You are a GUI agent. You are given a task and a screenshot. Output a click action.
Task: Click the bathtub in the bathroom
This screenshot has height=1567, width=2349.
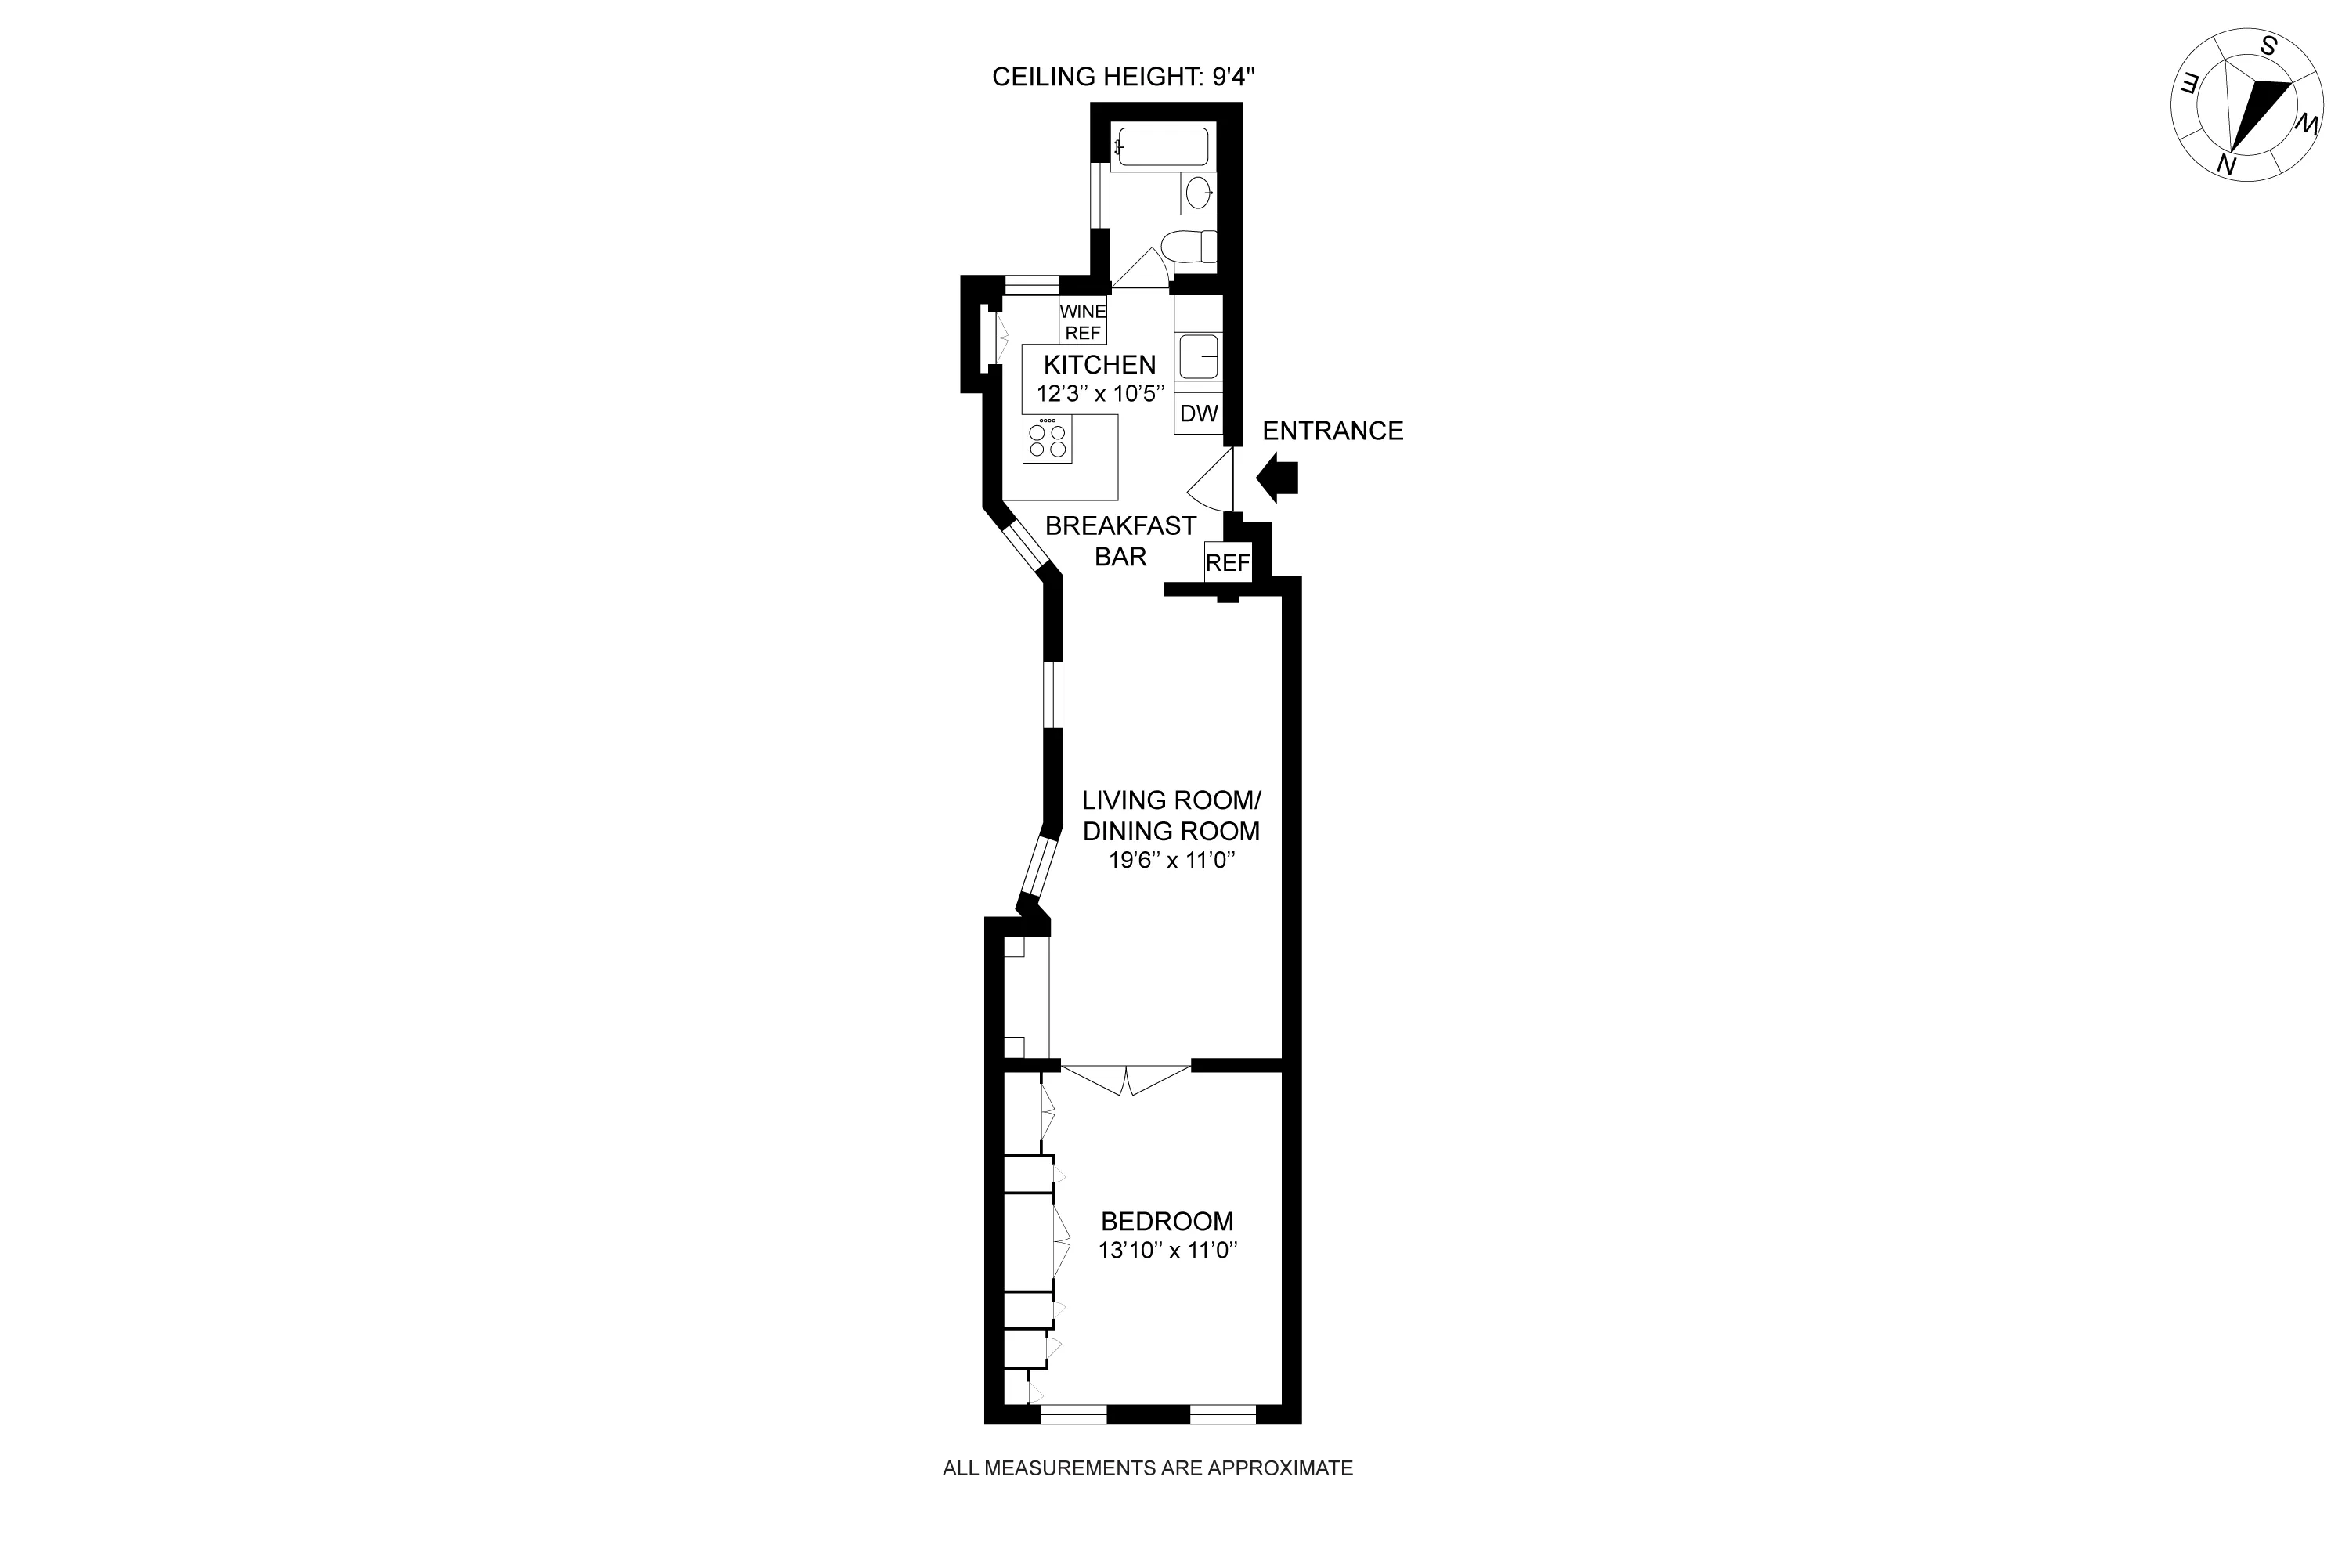(x=1163, y=147)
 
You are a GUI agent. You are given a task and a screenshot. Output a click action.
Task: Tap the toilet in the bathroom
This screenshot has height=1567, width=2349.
(x=1192, y=247)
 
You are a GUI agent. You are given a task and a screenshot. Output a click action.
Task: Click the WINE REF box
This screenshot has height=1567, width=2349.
(x=1083, y=322)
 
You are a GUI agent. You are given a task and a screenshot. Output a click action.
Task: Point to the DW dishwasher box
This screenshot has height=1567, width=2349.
(x=1199, y=413)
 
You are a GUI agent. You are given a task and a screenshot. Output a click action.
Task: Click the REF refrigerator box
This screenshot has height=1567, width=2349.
(x=1228, y=562)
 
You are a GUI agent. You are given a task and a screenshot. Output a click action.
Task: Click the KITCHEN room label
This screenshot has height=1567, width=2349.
(x=1099, y=365)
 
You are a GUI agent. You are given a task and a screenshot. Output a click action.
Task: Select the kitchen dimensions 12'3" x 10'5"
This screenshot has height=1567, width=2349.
(x=1101, y=394)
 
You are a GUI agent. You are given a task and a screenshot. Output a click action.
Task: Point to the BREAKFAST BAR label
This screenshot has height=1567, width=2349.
(x=1121, y=540)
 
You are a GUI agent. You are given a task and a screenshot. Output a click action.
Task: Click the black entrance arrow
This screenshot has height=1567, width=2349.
(x=1278, y=478)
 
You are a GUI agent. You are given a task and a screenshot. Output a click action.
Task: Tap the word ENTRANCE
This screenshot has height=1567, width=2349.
(x=1333, y=431)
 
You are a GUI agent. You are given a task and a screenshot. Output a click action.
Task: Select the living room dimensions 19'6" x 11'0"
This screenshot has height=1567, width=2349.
(x=1172, y=861)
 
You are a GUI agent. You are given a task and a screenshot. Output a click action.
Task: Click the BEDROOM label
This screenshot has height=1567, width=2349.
(x=1167, y=1221)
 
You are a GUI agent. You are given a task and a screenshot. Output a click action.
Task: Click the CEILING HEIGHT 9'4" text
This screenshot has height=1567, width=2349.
(x=1116, y=77)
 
